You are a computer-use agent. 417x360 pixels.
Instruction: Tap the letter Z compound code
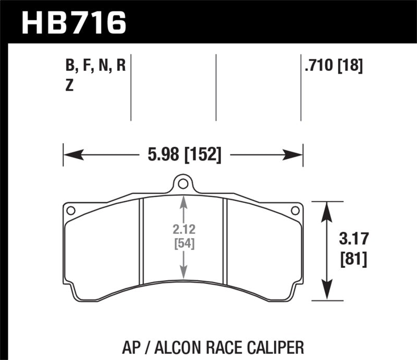pos(69,86)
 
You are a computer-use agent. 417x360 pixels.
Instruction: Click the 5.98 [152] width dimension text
pos(183,154)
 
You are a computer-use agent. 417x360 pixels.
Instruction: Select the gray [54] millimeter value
pos(183,243)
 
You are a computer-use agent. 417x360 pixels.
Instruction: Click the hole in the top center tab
pos(182,184)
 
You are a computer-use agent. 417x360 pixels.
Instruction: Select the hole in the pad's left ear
pos(71,210)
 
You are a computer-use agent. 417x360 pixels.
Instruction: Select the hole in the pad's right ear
pos(295,210)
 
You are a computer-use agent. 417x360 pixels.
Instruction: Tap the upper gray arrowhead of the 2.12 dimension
pos(183,201)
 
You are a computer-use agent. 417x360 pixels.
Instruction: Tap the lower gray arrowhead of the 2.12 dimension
pos(183,273)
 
